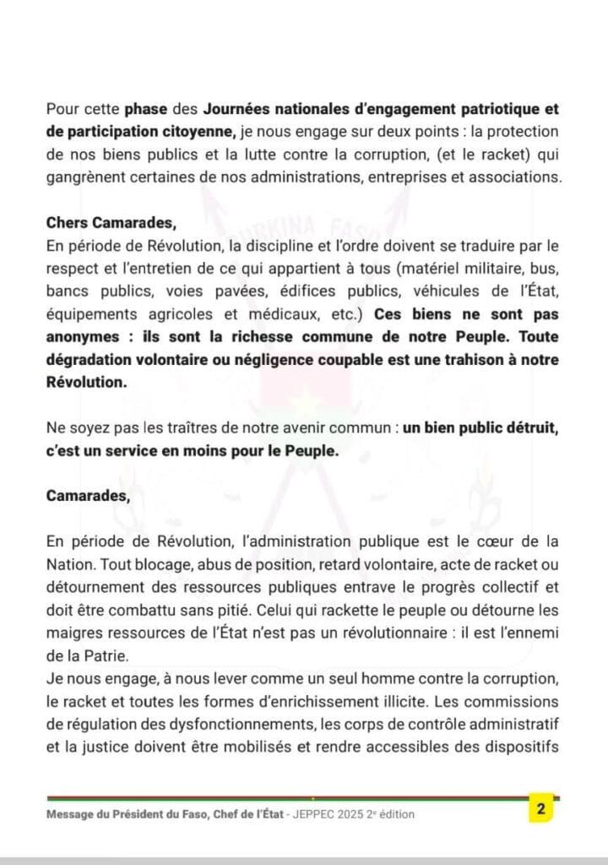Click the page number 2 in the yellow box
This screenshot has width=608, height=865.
[540, 809]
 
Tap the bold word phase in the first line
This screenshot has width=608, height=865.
[145, 110]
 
